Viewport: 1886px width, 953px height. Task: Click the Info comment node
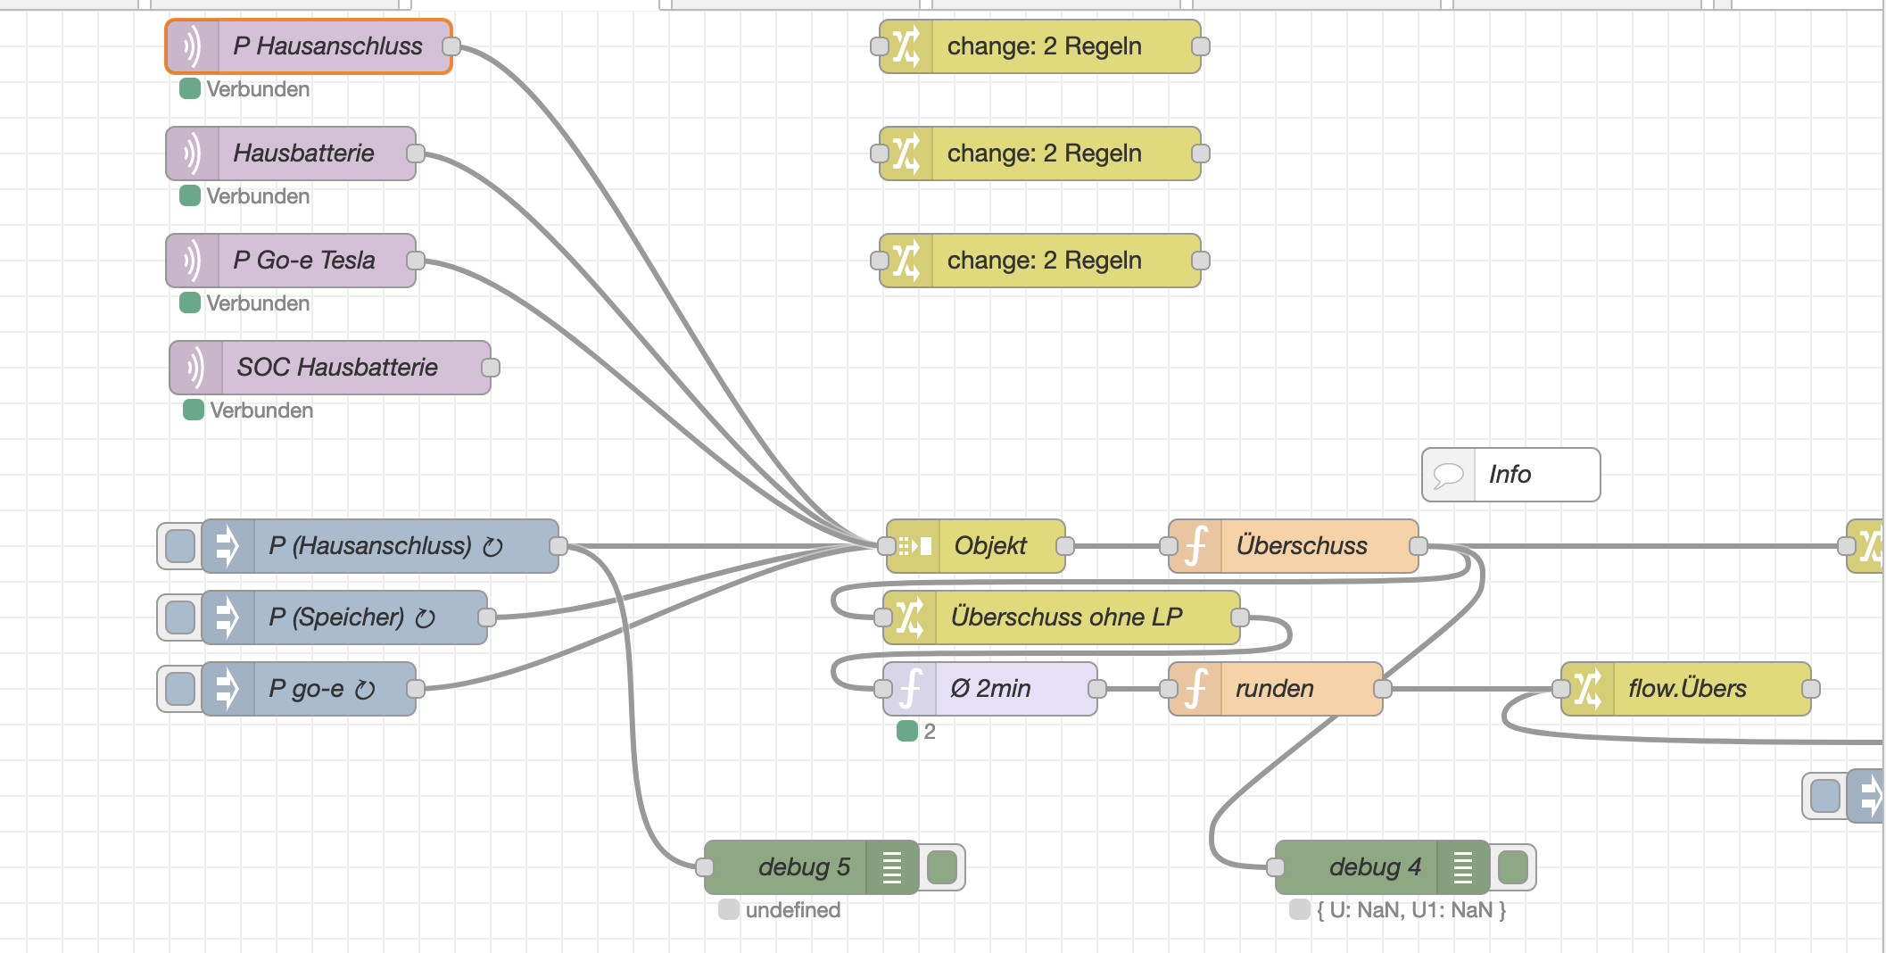pyautogui.click(x=1510, y=475)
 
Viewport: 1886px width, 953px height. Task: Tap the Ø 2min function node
pyautogui.click(x=990, y=689)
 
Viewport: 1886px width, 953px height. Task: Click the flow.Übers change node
pyautogui.click(x=1686, y=689)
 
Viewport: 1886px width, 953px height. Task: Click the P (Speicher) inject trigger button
pyautogui.click(x=180, y=617)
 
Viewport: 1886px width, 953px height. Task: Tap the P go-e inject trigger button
pyautogui.click(x=180, y=689)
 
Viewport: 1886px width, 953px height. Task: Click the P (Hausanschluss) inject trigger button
pyautogui.click(x=180, y=546)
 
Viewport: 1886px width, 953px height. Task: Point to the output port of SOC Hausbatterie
pyautogui.click(x=491, y=368)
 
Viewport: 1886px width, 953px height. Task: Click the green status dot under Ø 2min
pyautogui.click(x=907, y=732)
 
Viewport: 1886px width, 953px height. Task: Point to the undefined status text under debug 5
pyautogui.click(x=792, y=910)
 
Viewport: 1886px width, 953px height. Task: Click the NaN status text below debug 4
pyautogui.click(x=1410, y=910)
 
